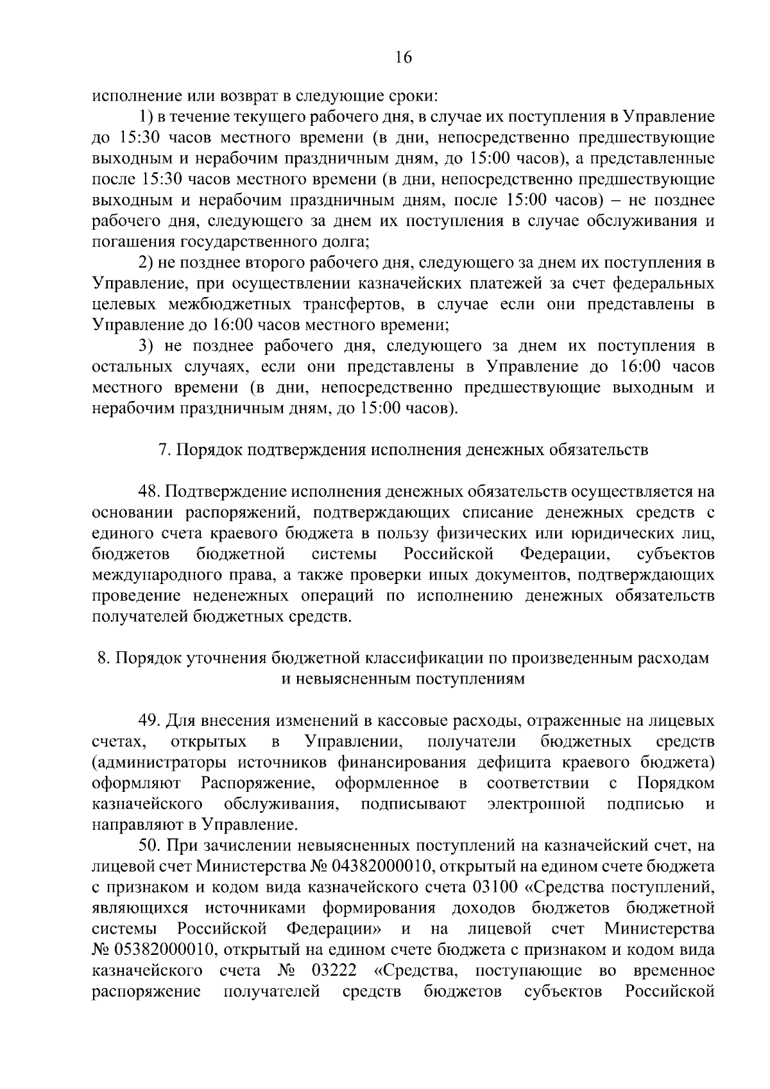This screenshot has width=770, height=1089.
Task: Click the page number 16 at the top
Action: pos(403,58)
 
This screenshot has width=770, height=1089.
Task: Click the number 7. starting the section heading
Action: pos(164,450)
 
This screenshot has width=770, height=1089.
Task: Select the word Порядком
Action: pos(676,784)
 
